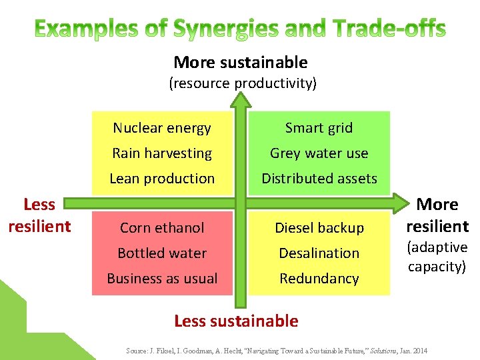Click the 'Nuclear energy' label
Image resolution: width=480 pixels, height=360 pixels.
pos(162,128)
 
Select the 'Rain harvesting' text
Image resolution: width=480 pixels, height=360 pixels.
pos(162,153)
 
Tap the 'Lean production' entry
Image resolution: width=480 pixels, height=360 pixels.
pos(162,179)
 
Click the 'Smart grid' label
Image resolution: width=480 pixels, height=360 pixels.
pos(319,128)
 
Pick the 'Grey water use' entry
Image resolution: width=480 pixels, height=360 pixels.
pos(319,153)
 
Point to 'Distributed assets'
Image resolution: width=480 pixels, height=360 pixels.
pos(319,179)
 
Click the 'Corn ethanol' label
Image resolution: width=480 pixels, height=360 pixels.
pos(162,228)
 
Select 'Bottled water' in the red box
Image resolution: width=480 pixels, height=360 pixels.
pos(162,253)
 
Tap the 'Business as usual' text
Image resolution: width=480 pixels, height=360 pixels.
pos(162,279)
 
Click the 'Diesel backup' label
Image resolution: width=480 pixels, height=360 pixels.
pos(319,228)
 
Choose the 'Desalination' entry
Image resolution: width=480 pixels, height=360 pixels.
pos(319,253)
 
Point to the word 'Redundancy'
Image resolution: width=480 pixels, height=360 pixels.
pos(319,279)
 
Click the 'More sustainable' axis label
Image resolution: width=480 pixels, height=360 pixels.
pos(240,63)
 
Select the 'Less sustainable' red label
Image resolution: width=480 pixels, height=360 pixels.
pos(236,321)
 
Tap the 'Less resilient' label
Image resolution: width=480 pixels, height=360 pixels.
pos(39,215)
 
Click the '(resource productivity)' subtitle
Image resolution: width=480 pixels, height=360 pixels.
pos(242,83)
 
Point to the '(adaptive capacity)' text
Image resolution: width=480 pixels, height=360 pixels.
pos(437,257)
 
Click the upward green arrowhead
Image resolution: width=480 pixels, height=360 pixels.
pos(241,99)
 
